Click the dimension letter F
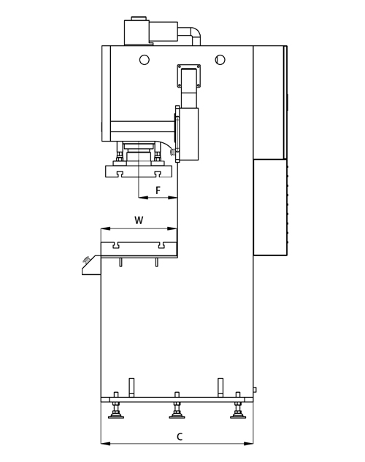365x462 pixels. [x=158, y=190]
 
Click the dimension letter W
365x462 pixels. [x=139, y=220]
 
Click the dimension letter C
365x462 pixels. [x=180, y=436]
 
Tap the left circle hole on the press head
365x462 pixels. [x=145, y=60]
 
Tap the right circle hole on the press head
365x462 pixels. [x=220, y=60]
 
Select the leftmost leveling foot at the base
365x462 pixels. [x=116, y=411]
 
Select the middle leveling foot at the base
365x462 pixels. [x=177, y=411]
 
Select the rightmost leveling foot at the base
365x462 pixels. [x=238, y=411]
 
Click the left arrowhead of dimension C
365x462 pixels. [x=105, y=444]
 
